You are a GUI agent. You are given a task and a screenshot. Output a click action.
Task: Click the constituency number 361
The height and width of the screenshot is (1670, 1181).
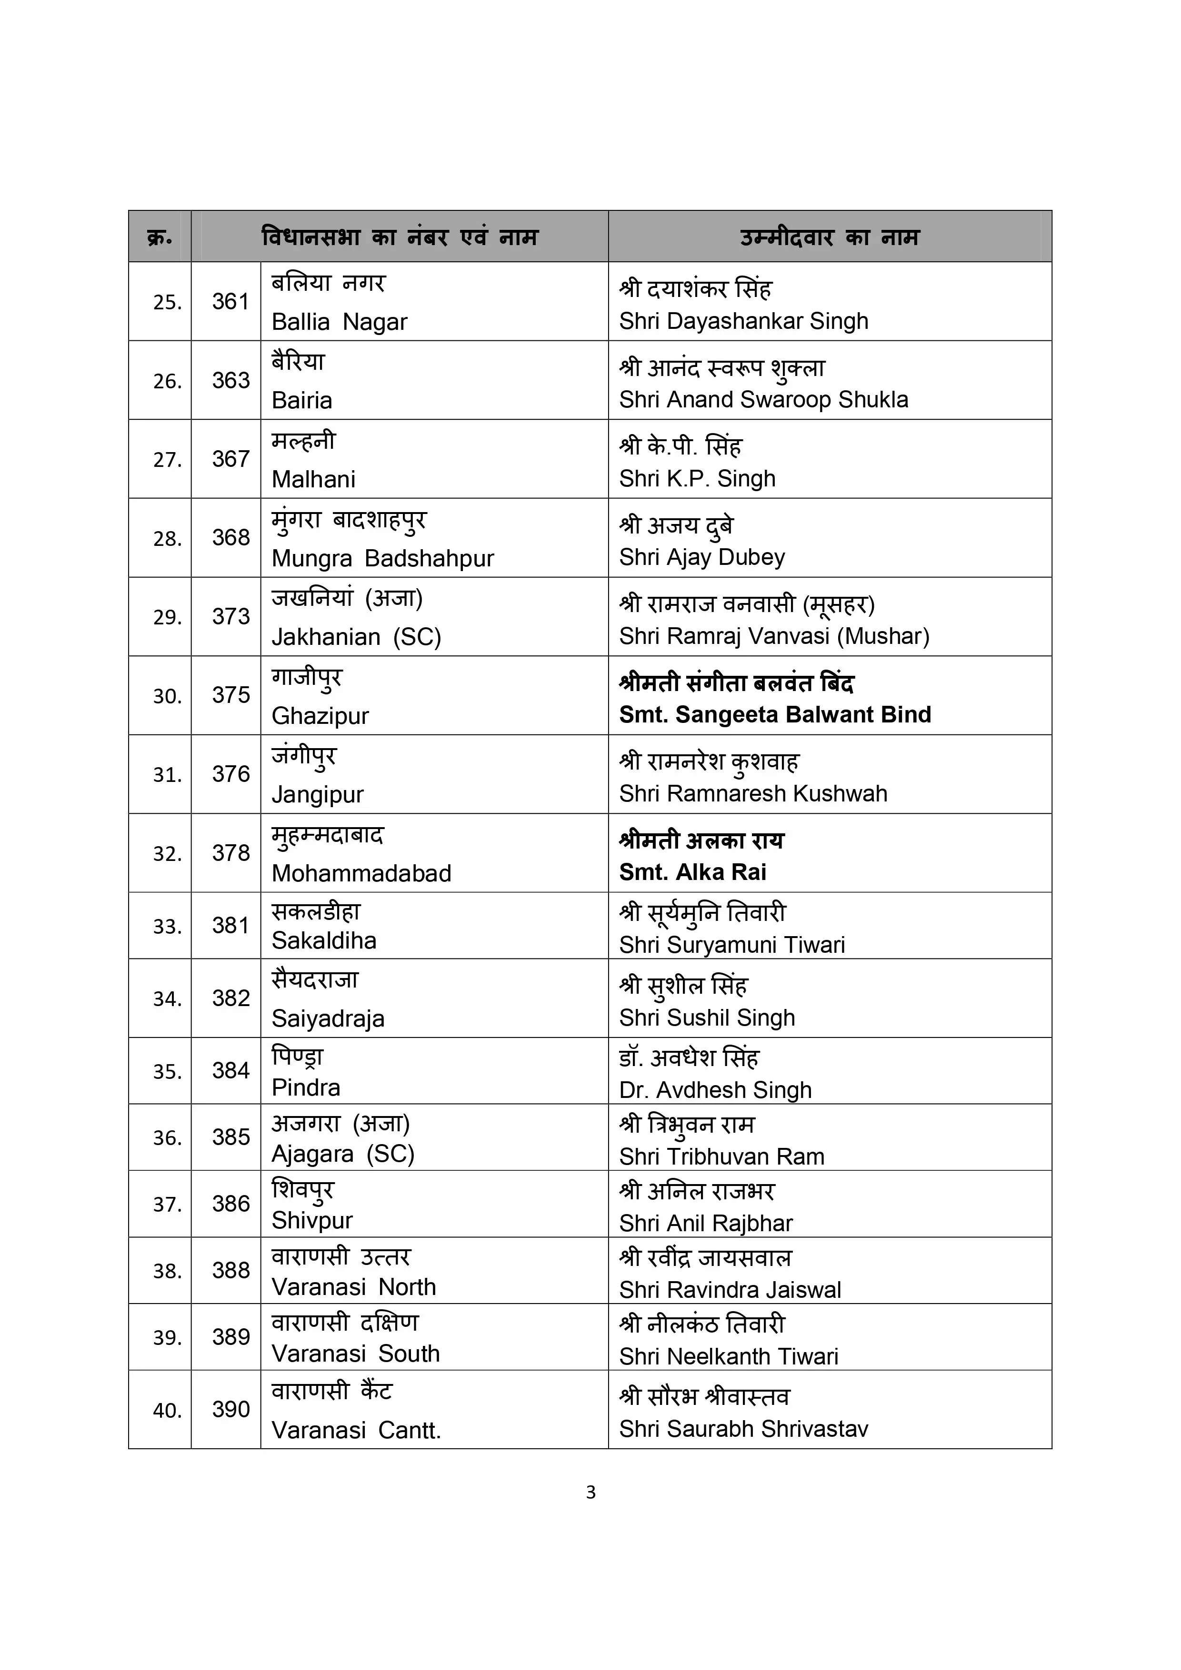point(230,302)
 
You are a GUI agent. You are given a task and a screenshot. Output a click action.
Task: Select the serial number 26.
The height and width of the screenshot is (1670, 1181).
point(167,381)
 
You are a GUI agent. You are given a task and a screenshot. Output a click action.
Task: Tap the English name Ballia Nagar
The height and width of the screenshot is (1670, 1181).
point(339,322)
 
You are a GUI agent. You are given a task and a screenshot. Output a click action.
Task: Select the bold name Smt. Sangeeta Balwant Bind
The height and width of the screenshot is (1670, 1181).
point(774,715)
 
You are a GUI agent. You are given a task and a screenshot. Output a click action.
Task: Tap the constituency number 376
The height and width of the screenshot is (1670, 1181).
point(230,774)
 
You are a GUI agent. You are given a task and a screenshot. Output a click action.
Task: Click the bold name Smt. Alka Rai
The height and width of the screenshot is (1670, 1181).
point(692,872)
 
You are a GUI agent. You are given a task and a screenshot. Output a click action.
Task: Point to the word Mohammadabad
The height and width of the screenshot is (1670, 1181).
point(361,873)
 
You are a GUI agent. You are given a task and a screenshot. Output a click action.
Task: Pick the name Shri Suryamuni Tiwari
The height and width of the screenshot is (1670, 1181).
point(731,945)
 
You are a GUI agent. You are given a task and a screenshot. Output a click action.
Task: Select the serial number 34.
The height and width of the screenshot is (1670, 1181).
point(167,998)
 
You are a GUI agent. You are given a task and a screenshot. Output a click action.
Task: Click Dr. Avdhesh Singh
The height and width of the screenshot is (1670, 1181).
point(715,1089)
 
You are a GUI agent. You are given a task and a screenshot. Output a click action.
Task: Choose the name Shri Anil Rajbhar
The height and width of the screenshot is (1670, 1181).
point(705,1224)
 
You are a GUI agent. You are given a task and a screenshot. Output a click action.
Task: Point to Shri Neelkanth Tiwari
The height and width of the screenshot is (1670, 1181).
point(729,1356)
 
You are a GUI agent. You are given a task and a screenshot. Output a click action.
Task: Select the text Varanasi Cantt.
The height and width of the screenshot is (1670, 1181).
point(356,1431)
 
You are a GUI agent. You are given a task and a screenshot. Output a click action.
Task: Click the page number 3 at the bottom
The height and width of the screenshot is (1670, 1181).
point(590,1492)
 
